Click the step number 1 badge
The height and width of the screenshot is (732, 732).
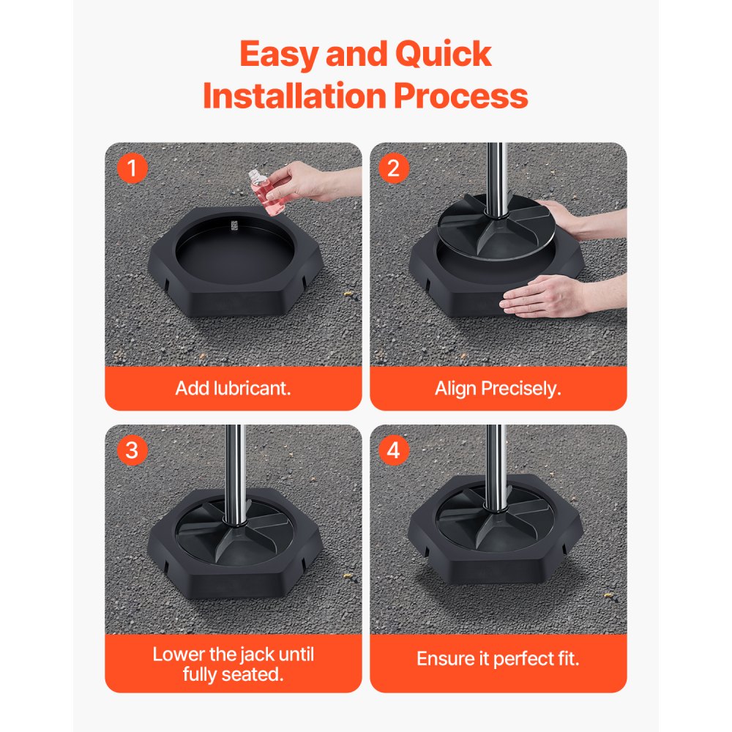click(132, 169)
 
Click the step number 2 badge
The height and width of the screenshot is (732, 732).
click(394, 169)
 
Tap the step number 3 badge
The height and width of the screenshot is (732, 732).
click(132, 451)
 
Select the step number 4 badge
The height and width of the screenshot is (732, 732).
click(394, 451)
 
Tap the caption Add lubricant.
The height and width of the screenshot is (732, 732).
click(233, 388)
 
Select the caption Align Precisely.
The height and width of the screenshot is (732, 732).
click(498, 388)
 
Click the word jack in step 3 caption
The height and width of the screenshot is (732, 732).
click(258, 654)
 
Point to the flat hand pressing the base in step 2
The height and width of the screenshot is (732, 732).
click(545, 296)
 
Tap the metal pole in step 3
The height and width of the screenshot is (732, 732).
click(234, 468)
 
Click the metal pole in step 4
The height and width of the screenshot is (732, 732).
click(496, 461)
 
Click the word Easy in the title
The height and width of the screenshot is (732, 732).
click(279, 55)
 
